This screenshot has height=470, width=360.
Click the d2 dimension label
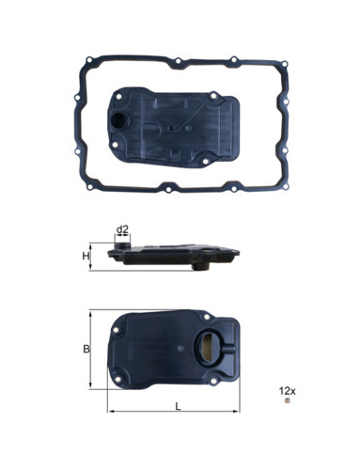122,229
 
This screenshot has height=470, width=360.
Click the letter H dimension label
86,257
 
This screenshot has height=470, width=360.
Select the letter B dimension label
86,349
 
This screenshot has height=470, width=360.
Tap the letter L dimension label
178,407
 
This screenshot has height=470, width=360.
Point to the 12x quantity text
288,391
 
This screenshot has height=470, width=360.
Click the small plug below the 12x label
287,400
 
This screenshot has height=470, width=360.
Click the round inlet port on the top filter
119,119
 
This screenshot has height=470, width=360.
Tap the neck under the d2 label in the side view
122,244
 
